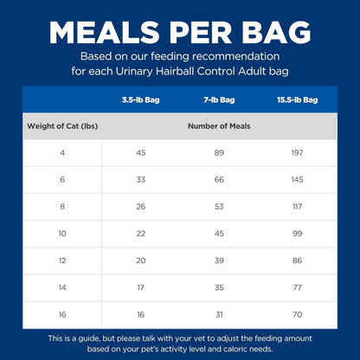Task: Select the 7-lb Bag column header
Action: (x=219, y=100)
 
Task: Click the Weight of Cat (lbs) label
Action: (x=61, y=125)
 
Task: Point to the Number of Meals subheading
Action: (x=219, y=125)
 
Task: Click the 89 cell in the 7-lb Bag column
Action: (x=219, y=153)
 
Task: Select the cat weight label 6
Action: (x=61, y=180)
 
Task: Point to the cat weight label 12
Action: (x=61, y=260)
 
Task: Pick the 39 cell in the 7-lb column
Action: (x=219, y=260)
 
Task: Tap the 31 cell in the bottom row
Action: (x=219, y=314)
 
